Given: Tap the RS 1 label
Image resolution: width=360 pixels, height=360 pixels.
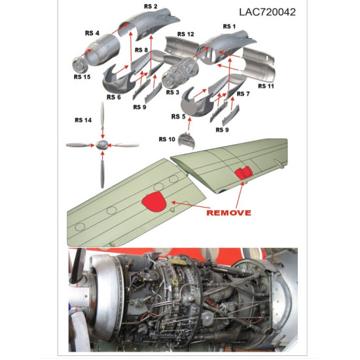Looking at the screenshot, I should (x=228, y=27).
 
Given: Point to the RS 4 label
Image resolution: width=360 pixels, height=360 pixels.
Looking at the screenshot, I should (x=92, y=33).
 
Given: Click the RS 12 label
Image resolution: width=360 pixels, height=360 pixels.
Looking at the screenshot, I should (x=186, y=34).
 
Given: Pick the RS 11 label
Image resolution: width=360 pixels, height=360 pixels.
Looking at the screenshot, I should (x=266, y=86).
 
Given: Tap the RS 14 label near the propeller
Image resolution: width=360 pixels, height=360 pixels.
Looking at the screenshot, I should (x=83, y=120).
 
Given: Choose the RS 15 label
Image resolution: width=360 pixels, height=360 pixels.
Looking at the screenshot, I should (x=82, y=77).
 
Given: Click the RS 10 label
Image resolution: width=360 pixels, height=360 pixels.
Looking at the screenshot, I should (x=167, y=139).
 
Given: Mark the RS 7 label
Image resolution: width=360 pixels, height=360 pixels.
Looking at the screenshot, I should (x=243, y=94).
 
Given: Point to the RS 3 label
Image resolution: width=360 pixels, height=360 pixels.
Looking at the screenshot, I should (x=172, y=92).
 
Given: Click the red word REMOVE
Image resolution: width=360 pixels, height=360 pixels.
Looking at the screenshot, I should (x=229, y=213).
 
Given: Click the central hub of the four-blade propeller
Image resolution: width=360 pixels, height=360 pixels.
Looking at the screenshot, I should (x=102, y=145).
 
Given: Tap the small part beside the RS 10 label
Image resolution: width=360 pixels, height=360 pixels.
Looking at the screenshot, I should (x=187, y=139).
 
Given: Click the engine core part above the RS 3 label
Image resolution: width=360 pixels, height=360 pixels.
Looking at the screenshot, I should (x=177, y=74).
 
